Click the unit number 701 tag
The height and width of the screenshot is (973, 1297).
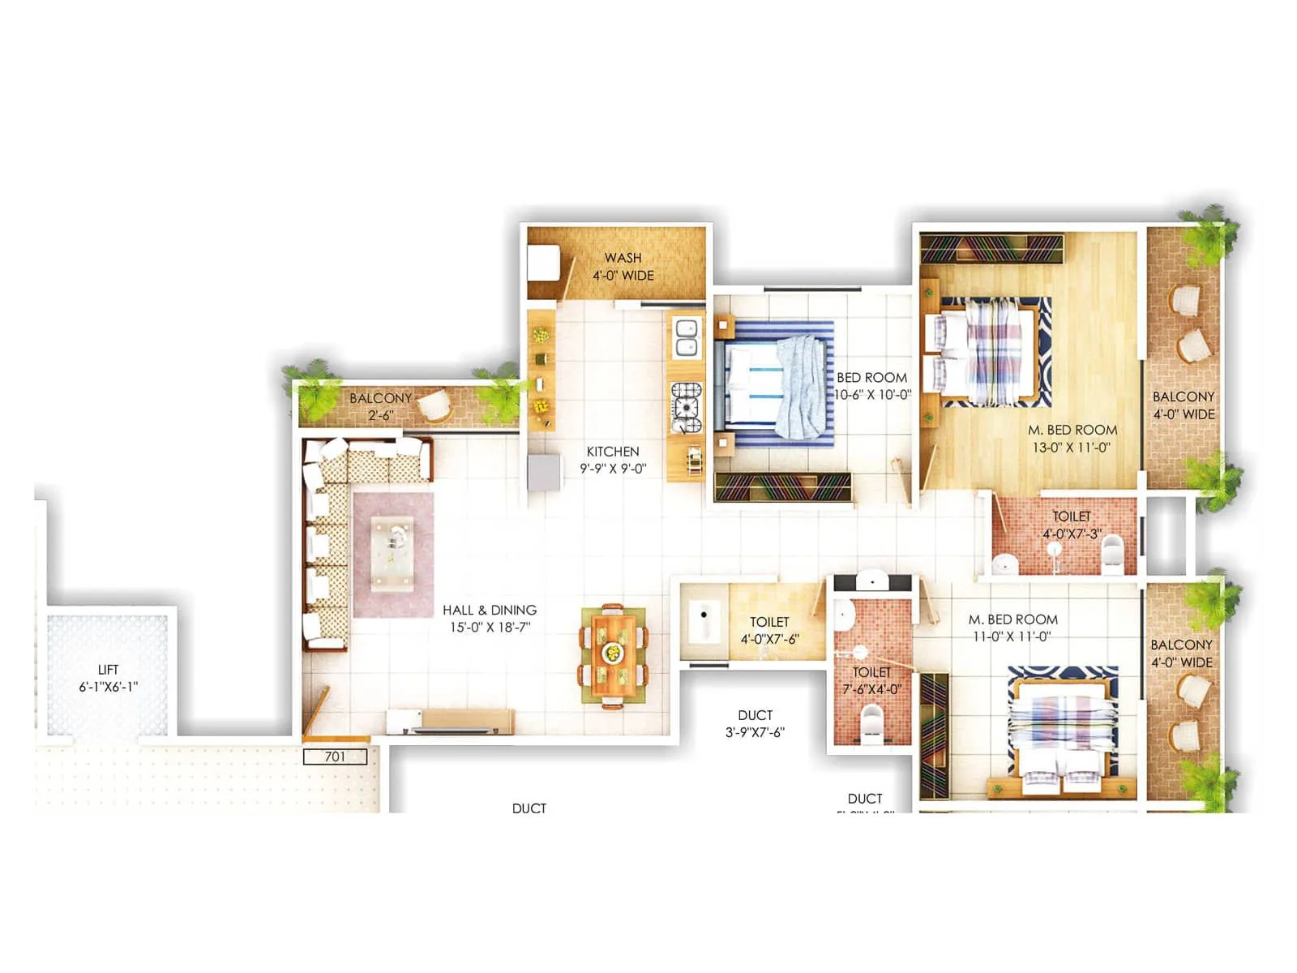pyautogui.click(x=335, y=757)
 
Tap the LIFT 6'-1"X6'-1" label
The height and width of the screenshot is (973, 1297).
pyautogui.click(x=108, y=678)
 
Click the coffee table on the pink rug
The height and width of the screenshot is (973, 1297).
pyautogui.click(x=392, y=554)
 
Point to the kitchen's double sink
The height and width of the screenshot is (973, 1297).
pyautogui.click(x=686, y=338)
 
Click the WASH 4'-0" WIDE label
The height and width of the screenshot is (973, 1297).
pyautogui.click(x=623, y=267)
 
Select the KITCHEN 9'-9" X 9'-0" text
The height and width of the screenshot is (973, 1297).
pyautogui.click(x=613, y=460)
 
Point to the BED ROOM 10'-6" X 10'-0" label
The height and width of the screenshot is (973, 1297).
pyautogui.click(x=872, y=386)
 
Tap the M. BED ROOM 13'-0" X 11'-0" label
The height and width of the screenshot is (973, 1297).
pyautogui.click(x=1072, y=439)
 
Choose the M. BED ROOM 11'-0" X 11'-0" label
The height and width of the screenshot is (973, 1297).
pyautogui.click(x=1012, y=628)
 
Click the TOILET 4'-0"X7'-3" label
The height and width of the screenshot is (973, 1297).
pyautogui.click(x=1071, y=525)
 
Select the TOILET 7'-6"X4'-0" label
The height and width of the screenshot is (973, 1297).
pyautogui.click(x=871, y=680)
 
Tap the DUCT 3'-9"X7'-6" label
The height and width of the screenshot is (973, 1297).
pyautogui.click(x=755, y=723)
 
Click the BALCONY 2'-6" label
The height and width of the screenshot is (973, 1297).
pyautogui.click(x=380, y=406)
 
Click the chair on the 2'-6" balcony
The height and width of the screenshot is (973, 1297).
pyautogui.click(x=437, y=405)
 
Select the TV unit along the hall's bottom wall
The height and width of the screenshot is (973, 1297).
pyautogui.click(x=451, y=721)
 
